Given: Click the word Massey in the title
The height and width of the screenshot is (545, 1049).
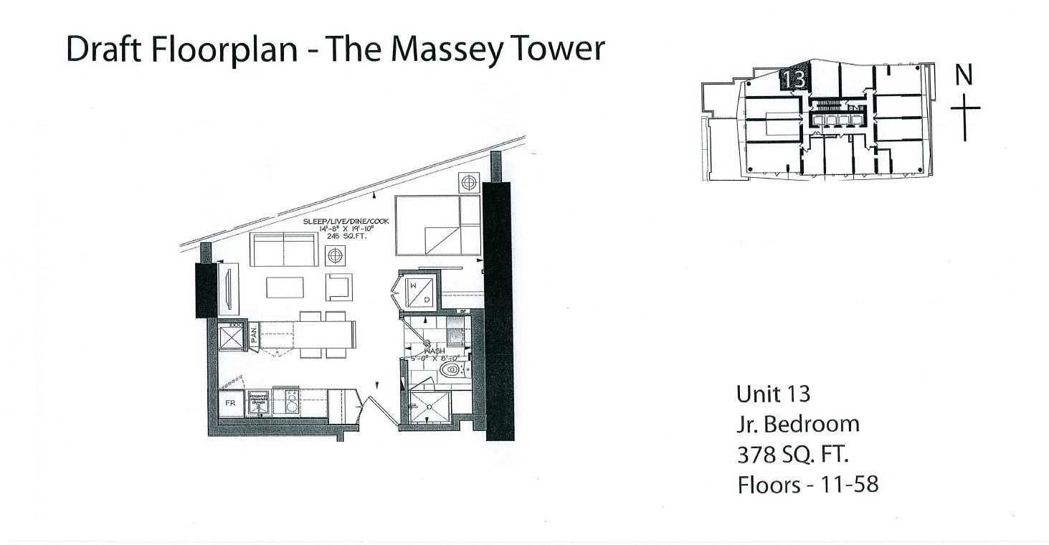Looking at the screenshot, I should coord(444,50).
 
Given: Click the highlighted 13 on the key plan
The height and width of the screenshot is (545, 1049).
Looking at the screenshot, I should coord(794,80).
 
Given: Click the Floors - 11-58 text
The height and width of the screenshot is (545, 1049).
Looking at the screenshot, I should coord(807,485).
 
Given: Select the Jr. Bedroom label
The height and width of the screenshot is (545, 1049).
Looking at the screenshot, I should coord(797,424).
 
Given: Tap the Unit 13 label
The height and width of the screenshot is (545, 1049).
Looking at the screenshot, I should coord(773,394).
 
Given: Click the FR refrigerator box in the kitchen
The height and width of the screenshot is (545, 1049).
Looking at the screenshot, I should coord(231,404).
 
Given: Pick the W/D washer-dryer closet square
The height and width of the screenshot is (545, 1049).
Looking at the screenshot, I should coord(417,293).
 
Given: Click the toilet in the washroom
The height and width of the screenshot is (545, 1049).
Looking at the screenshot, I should coord(450,371).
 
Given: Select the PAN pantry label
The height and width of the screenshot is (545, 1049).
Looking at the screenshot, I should coord(254,336).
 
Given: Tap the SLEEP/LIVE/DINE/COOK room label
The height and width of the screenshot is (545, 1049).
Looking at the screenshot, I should coord(346,222).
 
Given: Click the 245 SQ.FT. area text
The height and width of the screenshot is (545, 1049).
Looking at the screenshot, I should coord(345,235).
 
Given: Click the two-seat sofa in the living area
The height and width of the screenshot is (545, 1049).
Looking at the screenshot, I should coord(284,249).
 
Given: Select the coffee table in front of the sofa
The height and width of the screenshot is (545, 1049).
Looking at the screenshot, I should coord(290,287).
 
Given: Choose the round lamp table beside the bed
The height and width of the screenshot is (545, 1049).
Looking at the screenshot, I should coord(469,182).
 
